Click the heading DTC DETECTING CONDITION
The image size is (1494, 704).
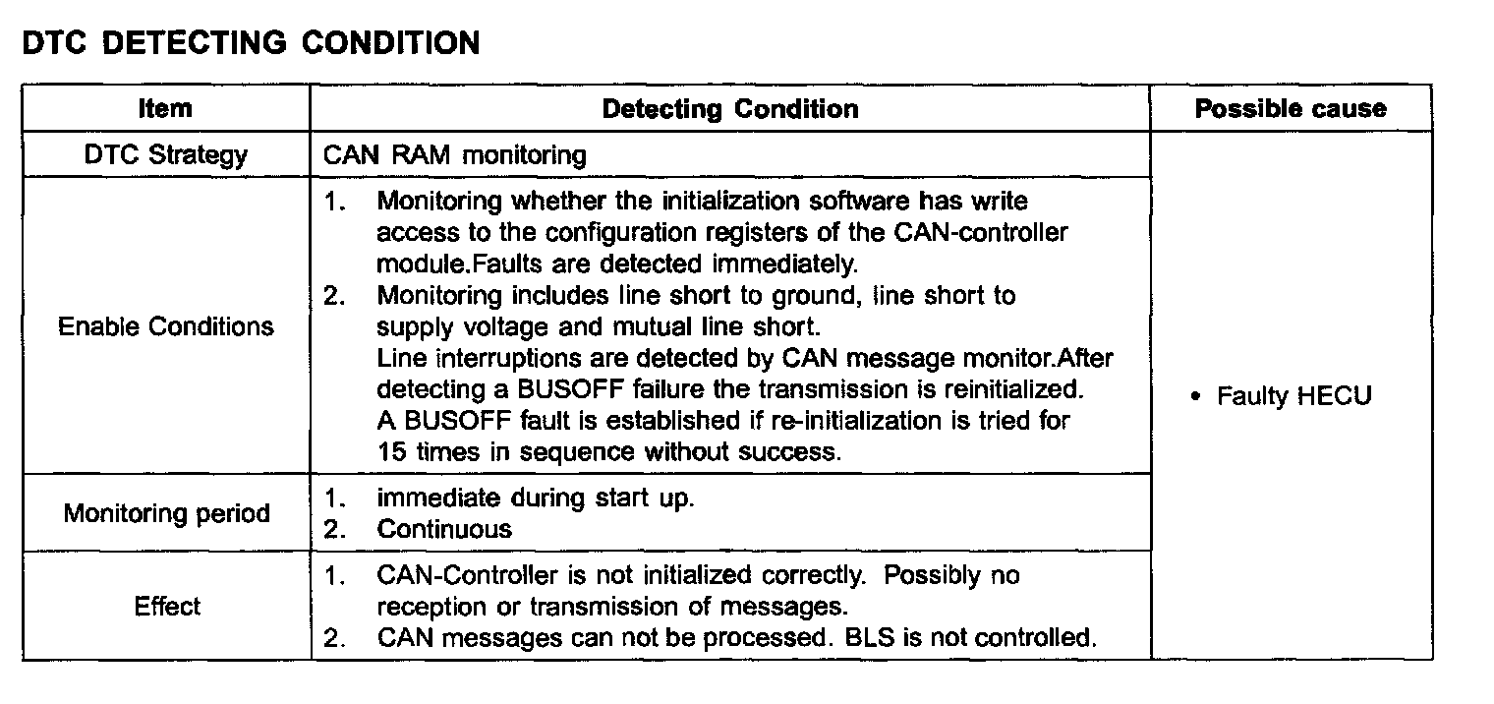[251, 43]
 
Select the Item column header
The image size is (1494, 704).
[165, 108]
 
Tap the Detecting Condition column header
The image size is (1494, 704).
[729, 108]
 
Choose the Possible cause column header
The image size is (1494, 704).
[1291, 108]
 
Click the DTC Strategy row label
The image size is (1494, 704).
[165, 155]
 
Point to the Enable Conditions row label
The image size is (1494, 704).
[166, 326]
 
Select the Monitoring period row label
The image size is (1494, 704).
[166, 513]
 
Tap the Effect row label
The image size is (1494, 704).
[166, 606]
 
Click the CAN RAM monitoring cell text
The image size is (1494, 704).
[454, 155]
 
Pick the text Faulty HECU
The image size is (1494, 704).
[1293, 396]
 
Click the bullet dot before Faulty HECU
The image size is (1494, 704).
[1195, 397]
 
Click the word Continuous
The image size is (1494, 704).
[444, 529]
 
